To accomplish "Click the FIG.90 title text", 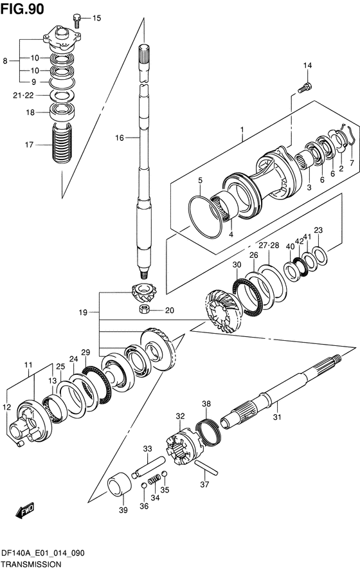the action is click(22, 8).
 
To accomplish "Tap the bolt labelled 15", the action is click(76, 20).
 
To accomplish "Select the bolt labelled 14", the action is click(305, 87).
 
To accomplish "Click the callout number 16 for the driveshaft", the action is click(120, 138).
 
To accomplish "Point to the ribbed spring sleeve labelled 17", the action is click(62, 143).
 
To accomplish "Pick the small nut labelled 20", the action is click(145, 310).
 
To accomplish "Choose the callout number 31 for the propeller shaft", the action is click(277, 417).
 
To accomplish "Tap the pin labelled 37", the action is click(206, 467).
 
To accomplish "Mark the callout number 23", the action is click(318, 230).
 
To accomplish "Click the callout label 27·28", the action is click(269, 245).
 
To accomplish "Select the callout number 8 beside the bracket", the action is click(5, 61).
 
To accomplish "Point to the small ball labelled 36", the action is click(144, 486).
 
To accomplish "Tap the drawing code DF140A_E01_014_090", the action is click(43, 554).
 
